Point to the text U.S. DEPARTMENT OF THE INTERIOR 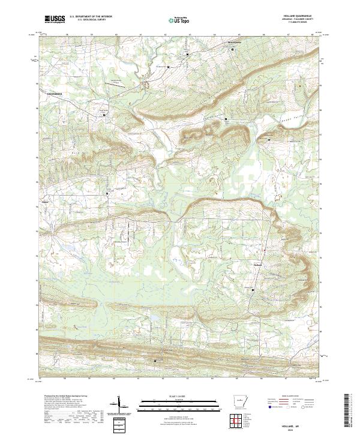[91, 17]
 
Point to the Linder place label [46, 202]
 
